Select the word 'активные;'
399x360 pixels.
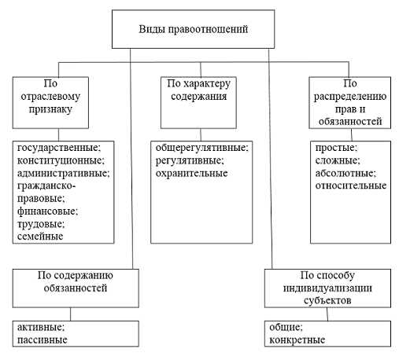tap(40, 327)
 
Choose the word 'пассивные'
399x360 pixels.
tap(41, 340)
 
